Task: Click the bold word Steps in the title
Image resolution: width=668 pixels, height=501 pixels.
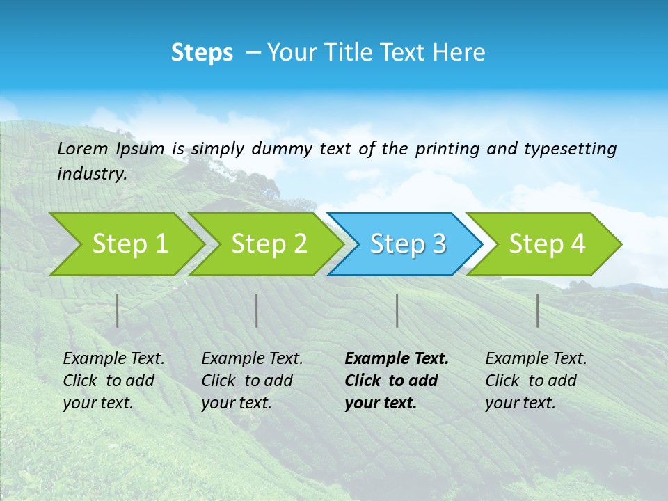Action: [202, 53]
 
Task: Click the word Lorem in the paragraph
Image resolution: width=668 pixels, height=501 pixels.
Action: [83, 148]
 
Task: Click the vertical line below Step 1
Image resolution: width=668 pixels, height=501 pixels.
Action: [118, 310]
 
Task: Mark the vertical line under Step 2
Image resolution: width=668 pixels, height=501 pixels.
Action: [257, 310]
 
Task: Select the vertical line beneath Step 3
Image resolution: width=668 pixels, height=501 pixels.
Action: [397, 310]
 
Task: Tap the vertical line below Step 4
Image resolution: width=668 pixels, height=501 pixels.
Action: [537, 310]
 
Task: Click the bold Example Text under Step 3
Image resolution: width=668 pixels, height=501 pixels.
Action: [397, 359]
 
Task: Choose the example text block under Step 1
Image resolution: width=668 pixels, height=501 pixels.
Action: [113, 381]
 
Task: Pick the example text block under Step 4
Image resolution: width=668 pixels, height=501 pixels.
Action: [535, 381]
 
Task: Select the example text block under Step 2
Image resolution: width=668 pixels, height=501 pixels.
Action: [251, 381]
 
